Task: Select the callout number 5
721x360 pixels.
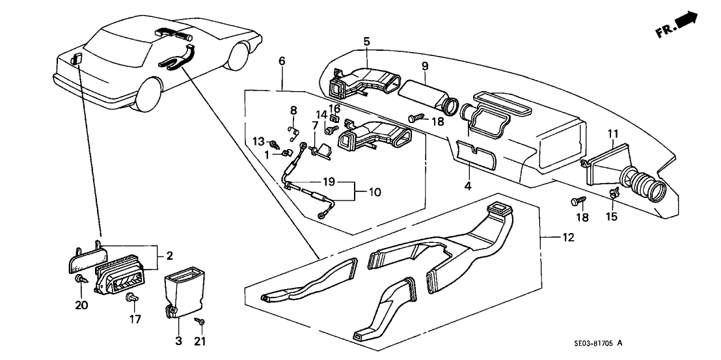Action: pyautogui.click(x=367, y=41)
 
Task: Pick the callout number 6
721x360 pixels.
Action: pyautogui.click(x=282, y=61)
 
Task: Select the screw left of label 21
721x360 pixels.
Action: pyautogui.click(x=199, y=322)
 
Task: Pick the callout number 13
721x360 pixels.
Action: pyautogui.click(x=260, y=141)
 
